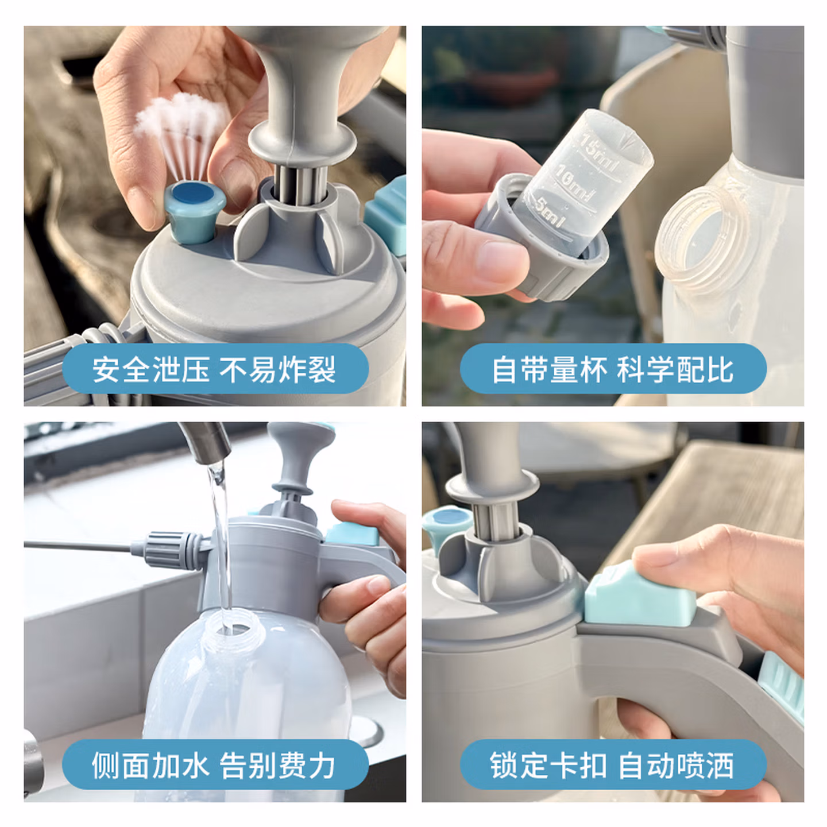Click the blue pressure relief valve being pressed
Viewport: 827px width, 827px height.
[195, 211]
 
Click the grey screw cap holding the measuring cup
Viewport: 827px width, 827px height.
[540, 239]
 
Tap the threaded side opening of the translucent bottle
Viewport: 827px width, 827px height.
[702, 240]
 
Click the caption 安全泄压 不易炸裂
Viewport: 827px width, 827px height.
[215, 370]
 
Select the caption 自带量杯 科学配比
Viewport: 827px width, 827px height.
[613, 370]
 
